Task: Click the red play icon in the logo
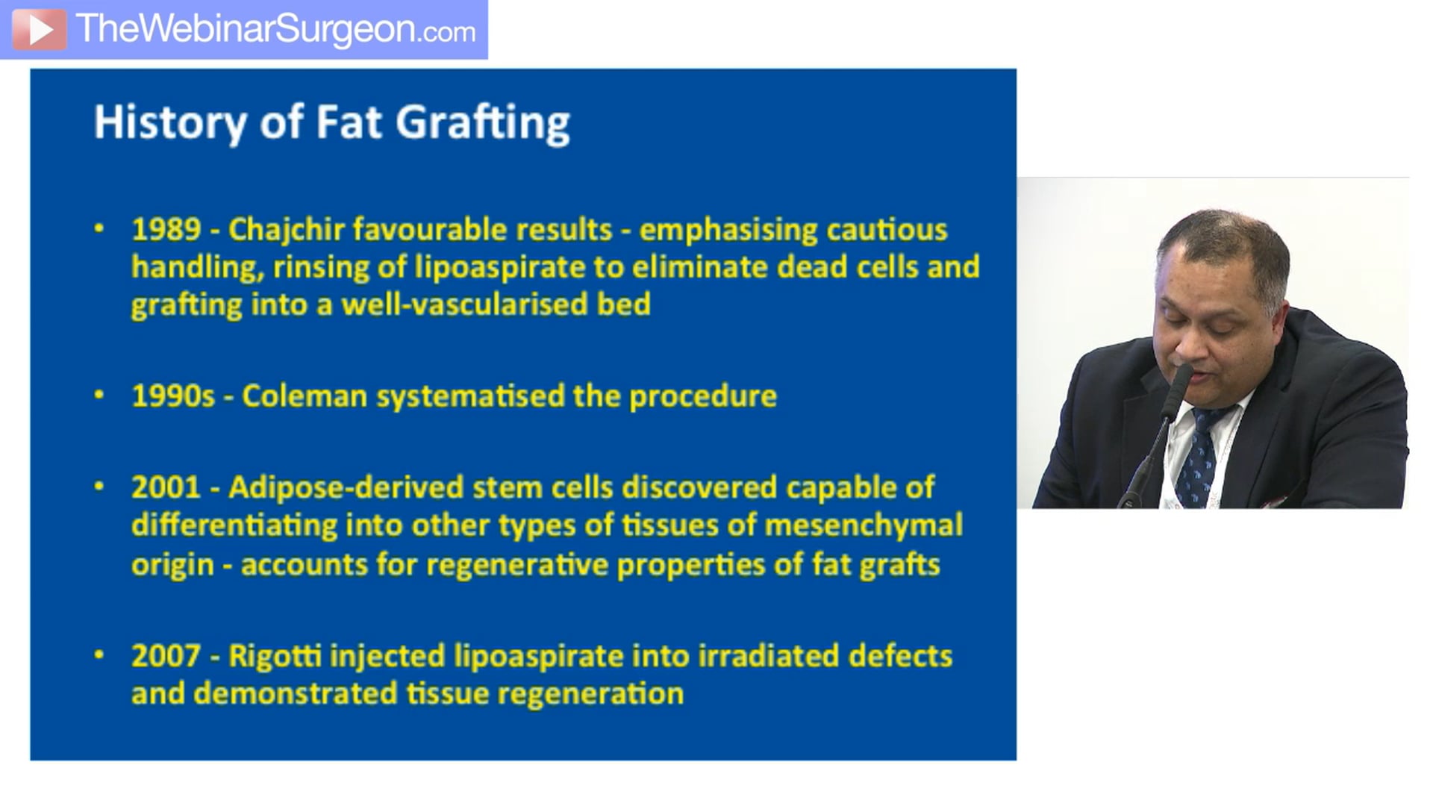pos(39,29)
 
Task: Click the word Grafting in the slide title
pos(482,122)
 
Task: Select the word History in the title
pos(170,122)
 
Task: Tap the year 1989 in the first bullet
pos(166,230)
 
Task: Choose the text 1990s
pos(173,396)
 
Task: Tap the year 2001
pos(166,488)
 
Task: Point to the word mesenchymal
pos(864,525)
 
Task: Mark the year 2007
pos(166,657)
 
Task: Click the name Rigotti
pos(275,657)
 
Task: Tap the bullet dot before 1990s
pos(99,396)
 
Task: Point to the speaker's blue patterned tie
pos(1203,455)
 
